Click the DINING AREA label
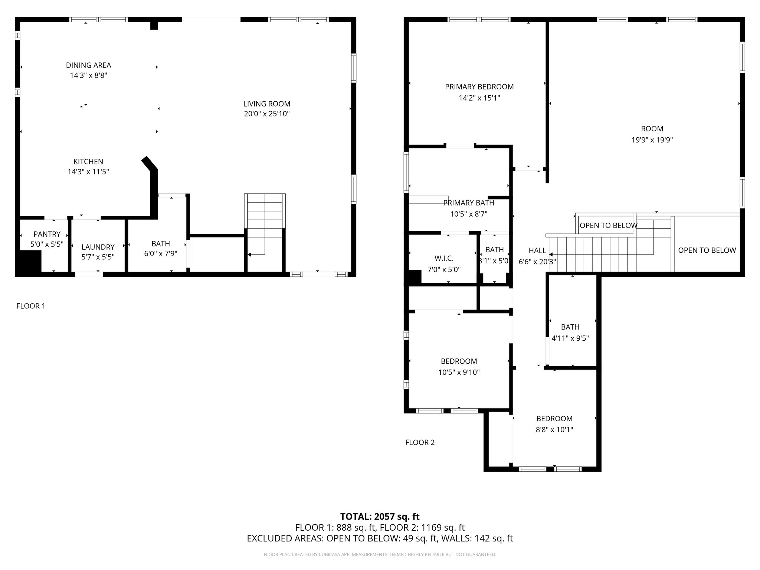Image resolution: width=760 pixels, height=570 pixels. (88, 65)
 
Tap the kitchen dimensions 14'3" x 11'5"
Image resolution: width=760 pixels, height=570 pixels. (88, 172)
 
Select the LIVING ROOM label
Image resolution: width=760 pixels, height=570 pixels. (266, 104)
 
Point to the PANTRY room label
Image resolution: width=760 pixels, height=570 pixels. (47, 234)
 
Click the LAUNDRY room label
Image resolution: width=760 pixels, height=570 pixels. (98, 247)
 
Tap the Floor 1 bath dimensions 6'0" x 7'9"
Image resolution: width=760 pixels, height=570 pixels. (160, 254)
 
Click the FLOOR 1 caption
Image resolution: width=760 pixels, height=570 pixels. (31, 306)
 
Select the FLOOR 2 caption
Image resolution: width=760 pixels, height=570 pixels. (420, 442)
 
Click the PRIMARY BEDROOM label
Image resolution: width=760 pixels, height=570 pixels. (479, 87)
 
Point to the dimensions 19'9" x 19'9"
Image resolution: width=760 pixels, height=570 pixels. (652, 140)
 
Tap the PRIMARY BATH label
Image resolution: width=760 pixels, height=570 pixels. (468, 203)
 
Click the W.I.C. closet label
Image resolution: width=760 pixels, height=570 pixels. (444, 258)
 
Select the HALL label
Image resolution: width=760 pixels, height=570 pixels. (537, 250)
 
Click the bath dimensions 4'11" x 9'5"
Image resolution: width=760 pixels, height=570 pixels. (570, 338)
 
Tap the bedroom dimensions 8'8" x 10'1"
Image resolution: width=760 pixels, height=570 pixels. (554, 430)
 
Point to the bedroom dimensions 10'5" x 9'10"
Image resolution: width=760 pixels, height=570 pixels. (459, 372)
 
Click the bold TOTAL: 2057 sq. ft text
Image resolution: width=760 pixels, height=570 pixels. (380, 517)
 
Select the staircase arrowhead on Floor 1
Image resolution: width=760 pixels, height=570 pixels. (249, 255)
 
